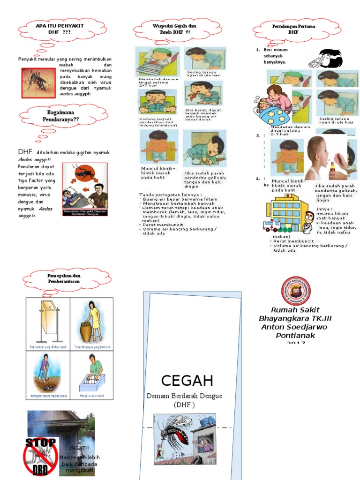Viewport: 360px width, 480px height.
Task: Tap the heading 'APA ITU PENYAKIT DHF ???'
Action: (x=60, y=29)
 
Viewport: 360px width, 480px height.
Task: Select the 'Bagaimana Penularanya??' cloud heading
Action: (x=60, y=116)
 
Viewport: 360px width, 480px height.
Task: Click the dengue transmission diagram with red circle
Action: (x=85, y=186)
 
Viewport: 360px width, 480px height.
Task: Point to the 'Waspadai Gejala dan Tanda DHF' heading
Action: (x=168, y=29)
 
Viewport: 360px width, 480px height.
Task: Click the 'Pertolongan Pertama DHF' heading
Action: (x=293, y=30)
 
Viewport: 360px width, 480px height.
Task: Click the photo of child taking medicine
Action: (x=327, y=158)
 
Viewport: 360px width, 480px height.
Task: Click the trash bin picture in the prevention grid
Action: (x=48, y=321)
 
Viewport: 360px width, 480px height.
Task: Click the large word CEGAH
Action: (x=187, y=380)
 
